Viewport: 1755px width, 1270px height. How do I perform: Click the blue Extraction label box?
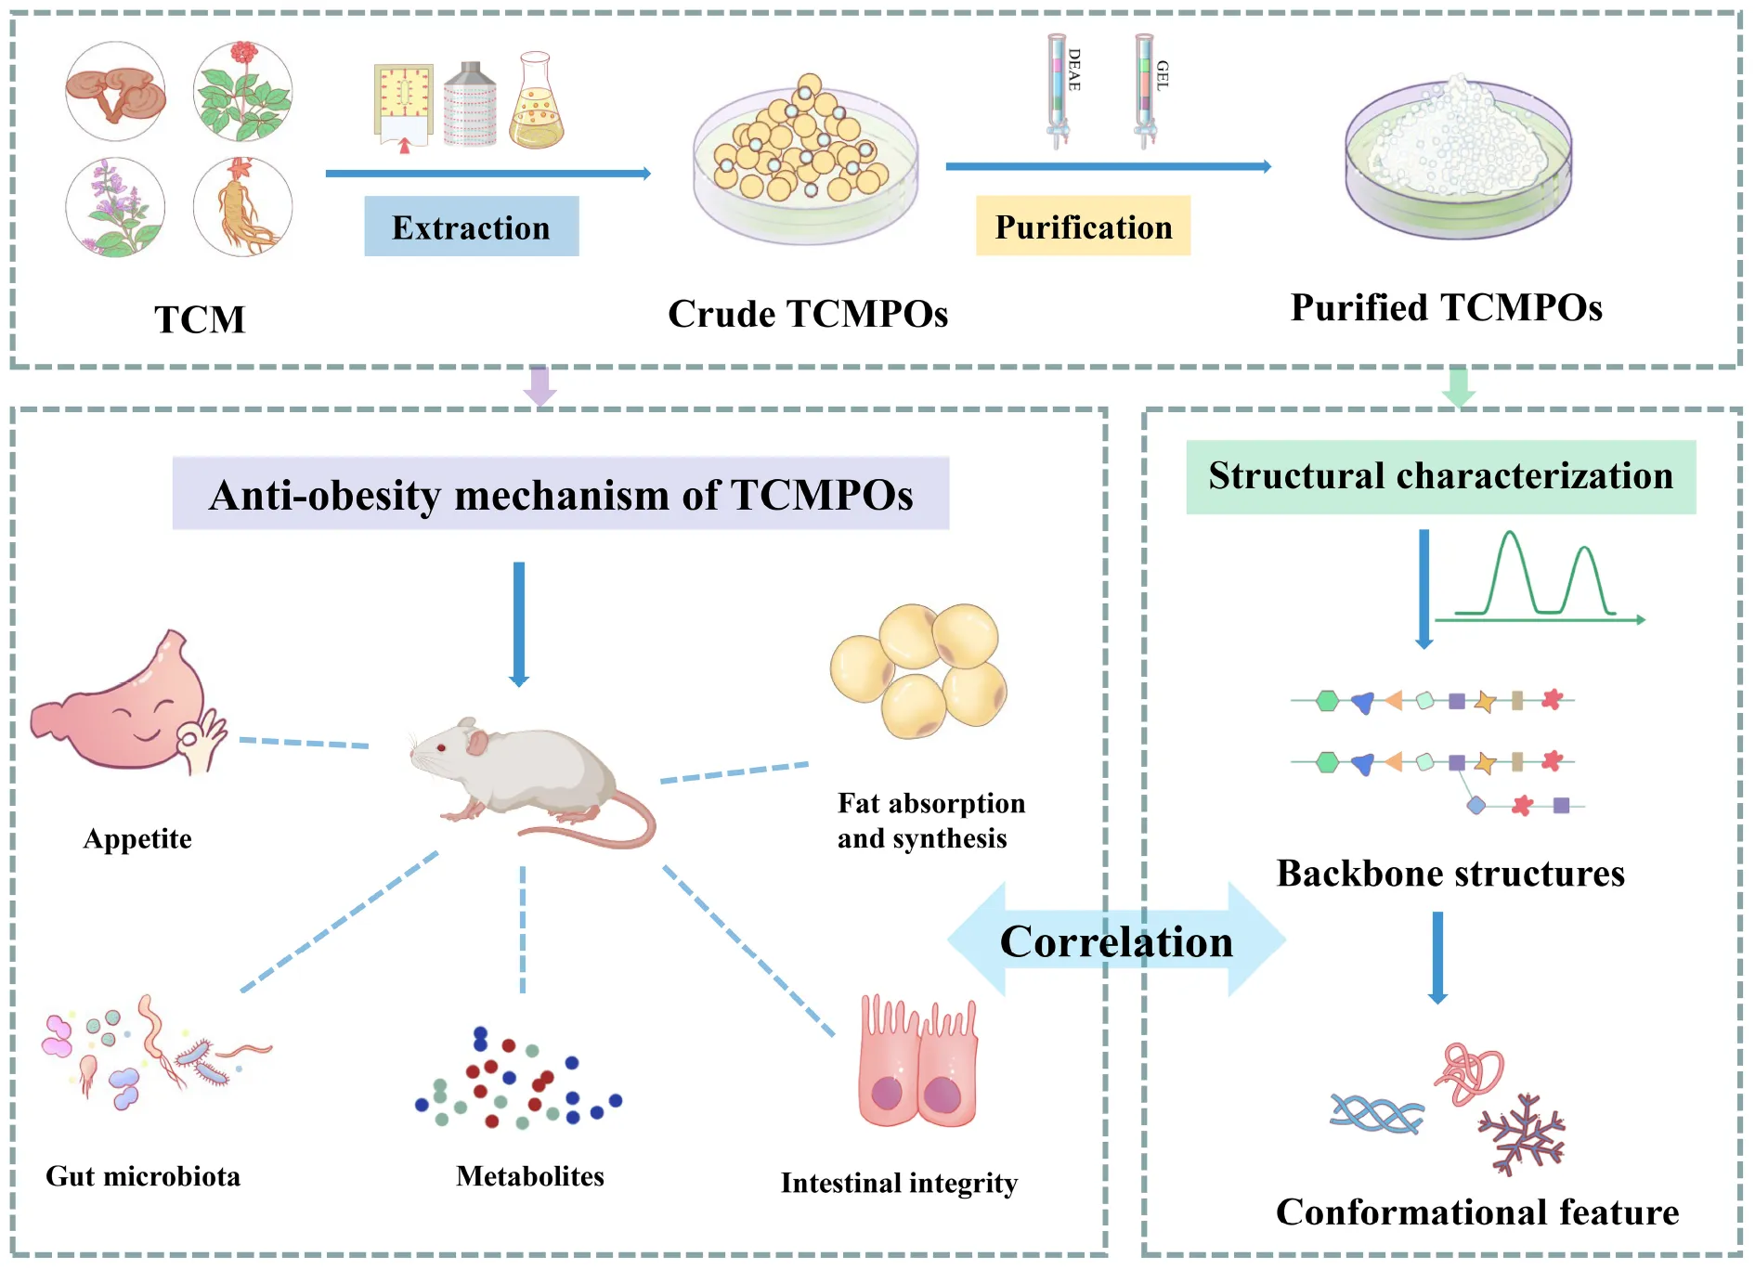tap(471, 227)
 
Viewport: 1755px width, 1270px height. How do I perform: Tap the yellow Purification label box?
tap(1083, 226)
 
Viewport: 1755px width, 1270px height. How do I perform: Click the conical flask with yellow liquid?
tap(536, 104)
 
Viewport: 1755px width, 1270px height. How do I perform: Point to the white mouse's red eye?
tap(442, 747)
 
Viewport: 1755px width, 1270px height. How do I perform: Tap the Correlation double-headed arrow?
tap(1116, 940)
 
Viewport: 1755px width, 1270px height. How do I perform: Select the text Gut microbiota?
tap(143, 1176)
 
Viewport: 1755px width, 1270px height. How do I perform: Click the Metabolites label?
tap(530, 1176)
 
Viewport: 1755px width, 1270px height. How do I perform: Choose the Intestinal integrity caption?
tap(899, 1183)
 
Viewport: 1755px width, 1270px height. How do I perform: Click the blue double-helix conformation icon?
tap(1376, 1114)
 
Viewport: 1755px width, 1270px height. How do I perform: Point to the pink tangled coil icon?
tap(1470, 1072)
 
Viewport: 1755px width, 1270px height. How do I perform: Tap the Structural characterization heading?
tap(1440, 476)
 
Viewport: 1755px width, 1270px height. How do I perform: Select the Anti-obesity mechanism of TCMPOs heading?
tap(561, 494)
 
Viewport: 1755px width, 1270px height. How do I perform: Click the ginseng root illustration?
tap(243, 207)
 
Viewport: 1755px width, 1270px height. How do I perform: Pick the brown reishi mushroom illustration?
tap(115, 91)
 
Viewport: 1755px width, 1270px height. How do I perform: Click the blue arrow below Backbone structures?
tap(1437, 956)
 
